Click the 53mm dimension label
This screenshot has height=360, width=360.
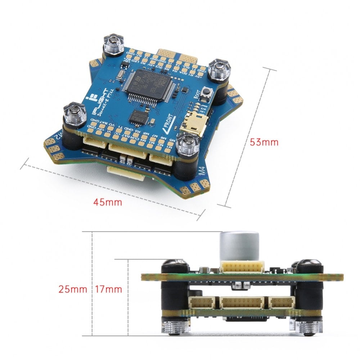coord(264,142)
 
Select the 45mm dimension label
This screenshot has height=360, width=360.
coord(107,202)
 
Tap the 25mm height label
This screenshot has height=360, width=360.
coord(72,289)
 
